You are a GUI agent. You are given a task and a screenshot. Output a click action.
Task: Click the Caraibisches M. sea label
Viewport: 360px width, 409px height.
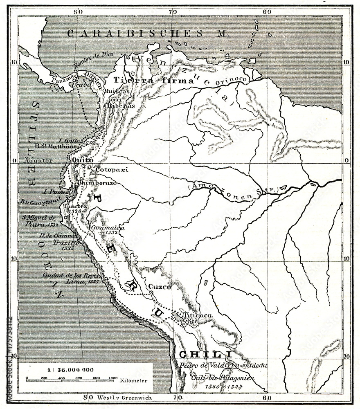click(147, 34)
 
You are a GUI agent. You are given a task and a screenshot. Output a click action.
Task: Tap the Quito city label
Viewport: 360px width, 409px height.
click(80, 160)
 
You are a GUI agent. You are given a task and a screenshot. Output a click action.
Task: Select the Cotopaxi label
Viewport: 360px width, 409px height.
click(112, 169)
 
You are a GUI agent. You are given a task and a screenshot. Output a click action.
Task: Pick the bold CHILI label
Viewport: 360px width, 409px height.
click(200, 354)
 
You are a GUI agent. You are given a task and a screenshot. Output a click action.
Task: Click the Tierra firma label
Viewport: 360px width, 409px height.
click(154, 81)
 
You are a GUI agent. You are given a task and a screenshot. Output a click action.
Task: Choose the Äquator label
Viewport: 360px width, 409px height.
click(38, 161)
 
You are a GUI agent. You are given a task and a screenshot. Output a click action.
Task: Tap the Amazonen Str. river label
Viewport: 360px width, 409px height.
click(234, 189)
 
